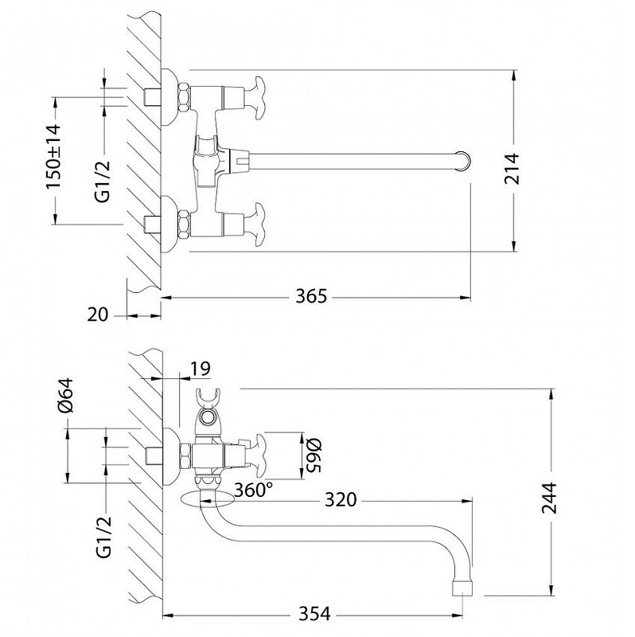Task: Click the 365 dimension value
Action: (x=311, y=296)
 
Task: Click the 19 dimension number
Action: (x=201, y=368)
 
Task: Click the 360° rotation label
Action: (x=254, y=490)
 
